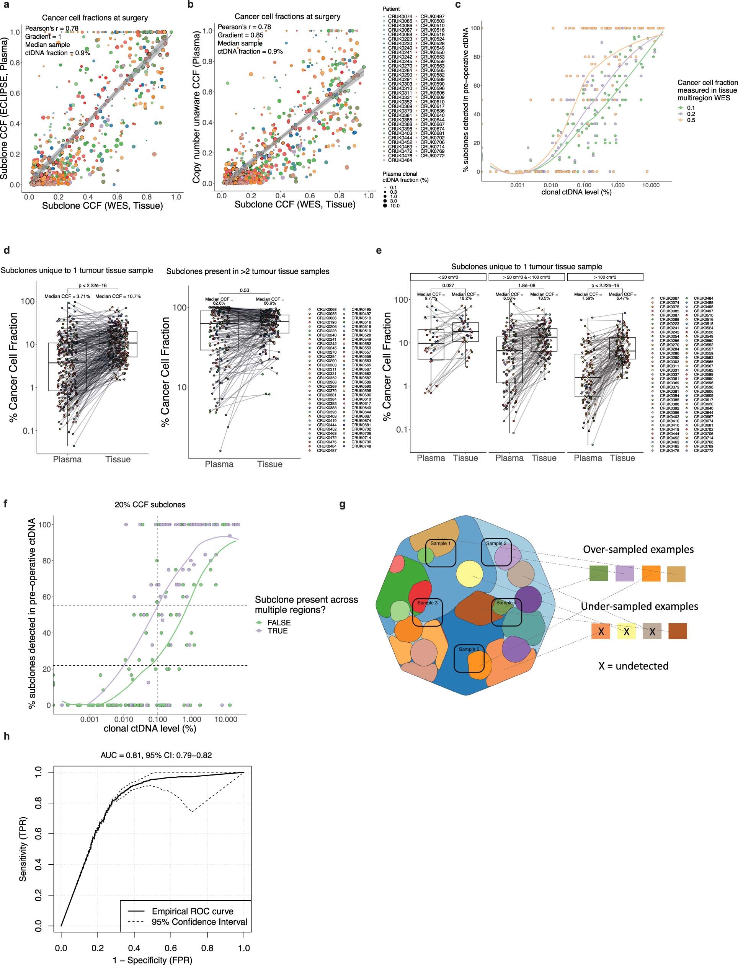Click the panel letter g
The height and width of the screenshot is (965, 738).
tap(343, 505)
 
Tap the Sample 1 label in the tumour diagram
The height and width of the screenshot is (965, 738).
tap(440, 543)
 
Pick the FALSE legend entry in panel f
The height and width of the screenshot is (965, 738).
tap(279, 622)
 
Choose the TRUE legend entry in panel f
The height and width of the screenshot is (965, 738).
tap(277, 631)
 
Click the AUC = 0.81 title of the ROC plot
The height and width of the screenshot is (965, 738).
tap(156, 756)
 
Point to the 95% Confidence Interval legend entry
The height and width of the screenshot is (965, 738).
tap(199, 922)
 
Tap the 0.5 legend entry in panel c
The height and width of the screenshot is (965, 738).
tap(691, 120)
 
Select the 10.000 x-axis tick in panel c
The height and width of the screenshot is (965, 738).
tap(651, 185)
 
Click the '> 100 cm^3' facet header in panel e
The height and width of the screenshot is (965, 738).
tap(605, 277)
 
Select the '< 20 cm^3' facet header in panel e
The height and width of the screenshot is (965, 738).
tap(448, 277)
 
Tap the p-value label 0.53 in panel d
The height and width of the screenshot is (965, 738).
tap(244, 290)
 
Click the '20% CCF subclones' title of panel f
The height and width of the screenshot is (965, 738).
tap(150, 505)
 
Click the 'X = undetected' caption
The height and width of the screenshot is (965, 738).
tap(633, 666)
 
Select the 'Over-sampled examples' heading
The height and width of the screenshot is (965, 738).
tap(638, 549)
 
